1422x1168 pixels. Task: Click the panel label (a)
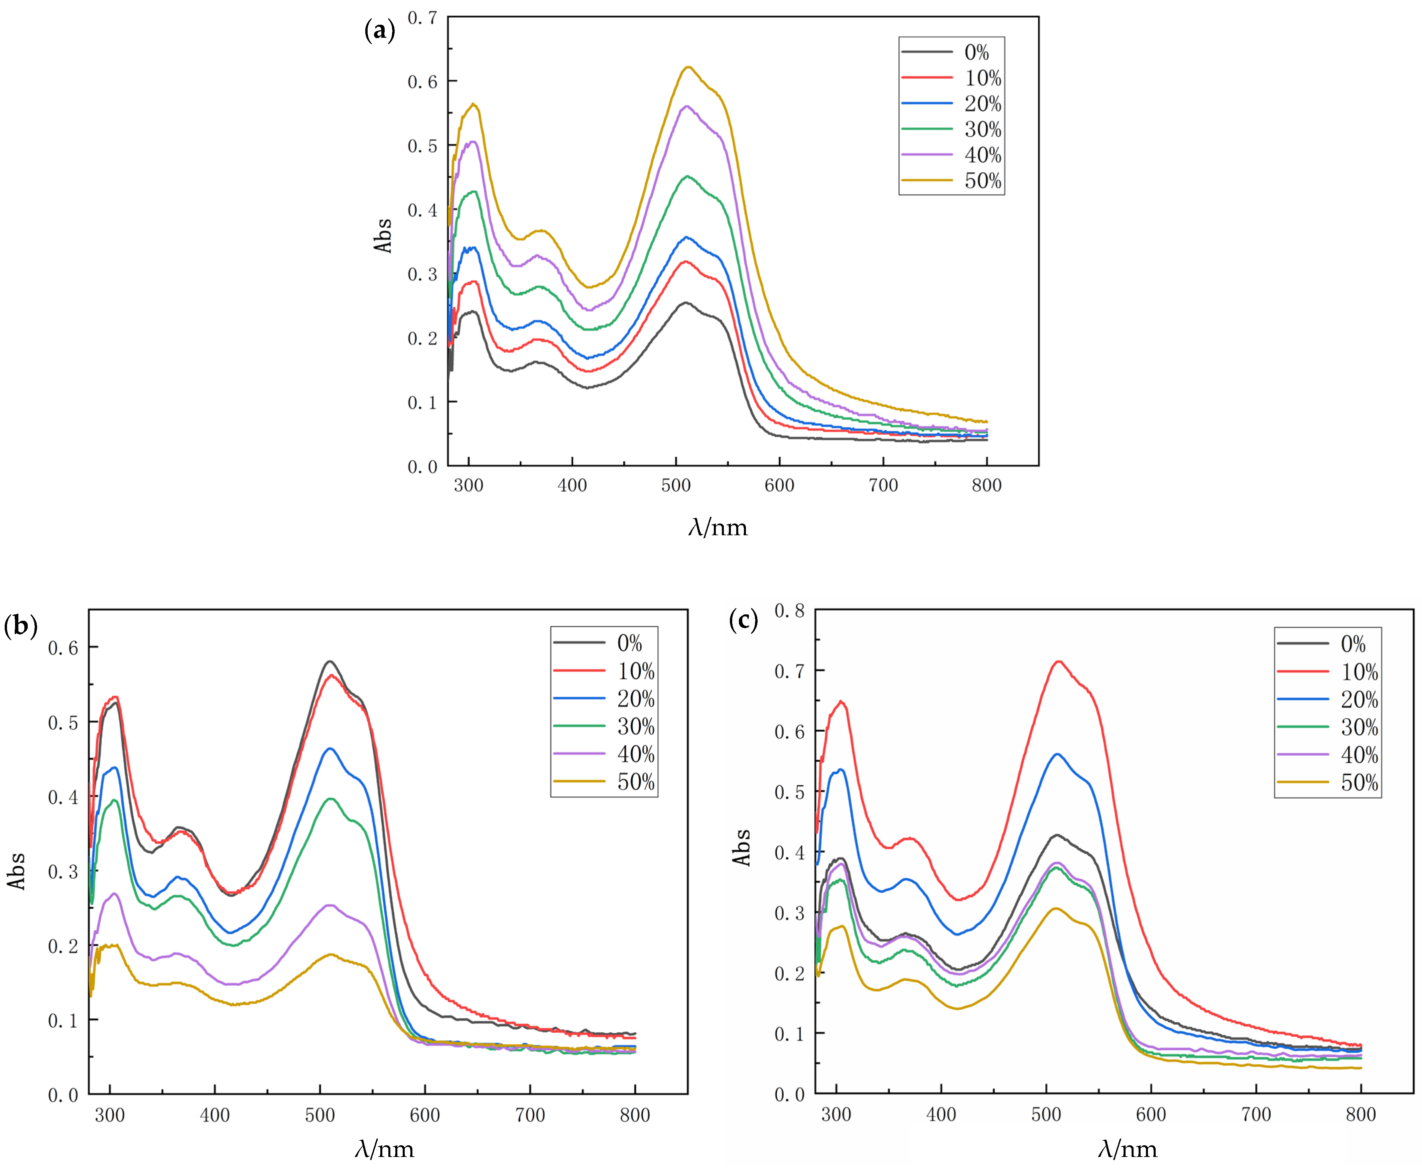point(379,30)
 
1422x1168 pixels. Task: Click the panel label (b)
point(20,626)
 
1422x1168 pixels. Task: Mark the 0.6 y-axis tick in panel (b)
point(62,648)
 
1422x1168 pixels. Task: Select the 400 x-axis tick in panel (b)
point(215,1116)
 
